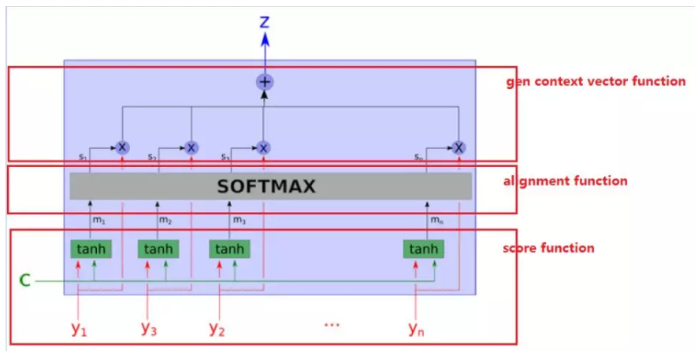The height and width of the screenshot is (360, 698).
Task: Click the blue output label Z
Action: coord(265,22)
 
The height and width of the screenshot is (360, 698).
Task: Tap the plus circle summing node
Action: coord(265,82)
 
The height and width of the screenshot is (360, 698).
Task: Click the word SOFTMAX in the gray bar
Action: coord(266,187)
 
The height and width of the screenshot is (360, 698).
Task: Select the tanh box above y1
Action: coord(89,250)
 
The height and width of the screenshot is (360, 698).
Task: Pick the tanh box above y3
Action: coord(158,250)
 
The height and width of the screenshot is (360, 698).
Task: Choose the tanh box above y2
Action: coord(229,250)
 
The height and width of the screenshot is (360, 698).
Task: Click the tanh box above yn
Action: coord(423,250)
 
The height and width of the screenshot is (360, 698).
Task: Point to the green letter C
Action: coord(25,280)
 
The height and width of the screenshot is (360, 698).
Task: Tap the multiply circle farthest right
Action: coord(459,147)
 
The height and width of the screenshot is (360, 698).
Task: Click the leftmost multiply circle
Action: coord(122,147)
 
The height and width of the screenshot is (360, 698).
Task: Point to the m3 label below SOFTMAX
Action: coord(239,220)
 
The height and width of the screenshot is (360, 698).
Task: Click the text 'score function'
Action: coord(548,248)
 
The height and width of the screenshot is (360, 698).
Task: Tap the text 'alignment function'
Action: coord(565,181)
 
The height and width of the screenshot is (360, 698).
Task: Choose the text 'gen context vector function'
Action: coord(595,81)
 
